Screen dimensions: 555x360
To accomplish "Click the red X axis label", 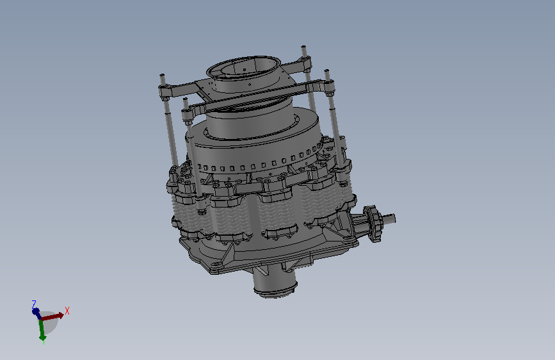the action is (x=67, y=311).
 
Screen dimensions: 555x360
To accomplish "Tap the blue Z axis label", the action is (x=34, y=304).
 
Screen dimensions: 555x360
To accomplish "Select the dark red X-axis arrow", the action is (x=52, y=316).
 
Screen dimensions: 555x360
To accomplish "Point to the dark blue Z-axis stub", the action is (x=36, y=312).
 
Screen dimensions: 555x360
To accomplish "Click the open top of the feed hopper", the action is (x=243, y=67).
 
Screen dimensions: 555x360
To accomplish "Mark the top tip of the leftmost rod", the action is (x=162, y=75).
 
